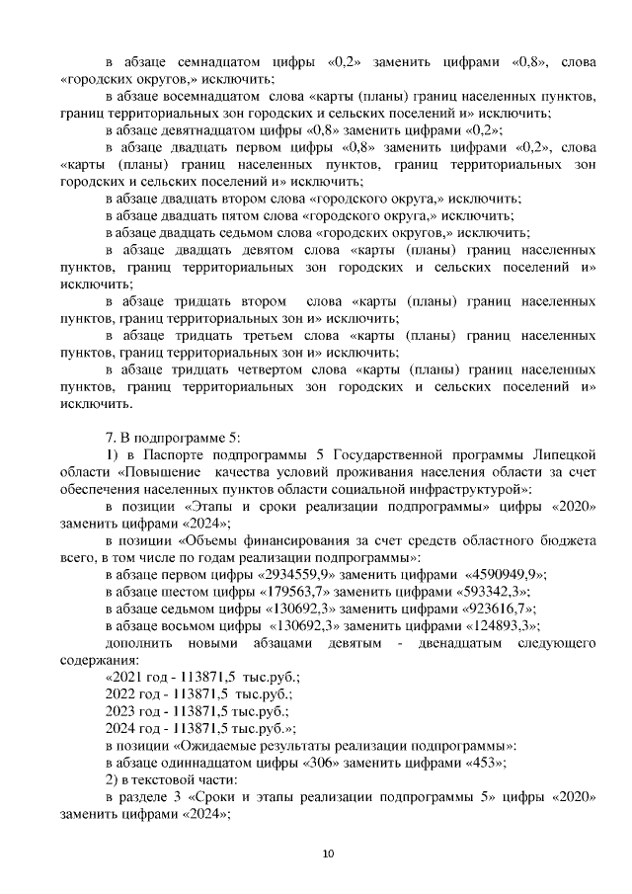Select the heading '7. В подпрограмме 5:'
[170, 435]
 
